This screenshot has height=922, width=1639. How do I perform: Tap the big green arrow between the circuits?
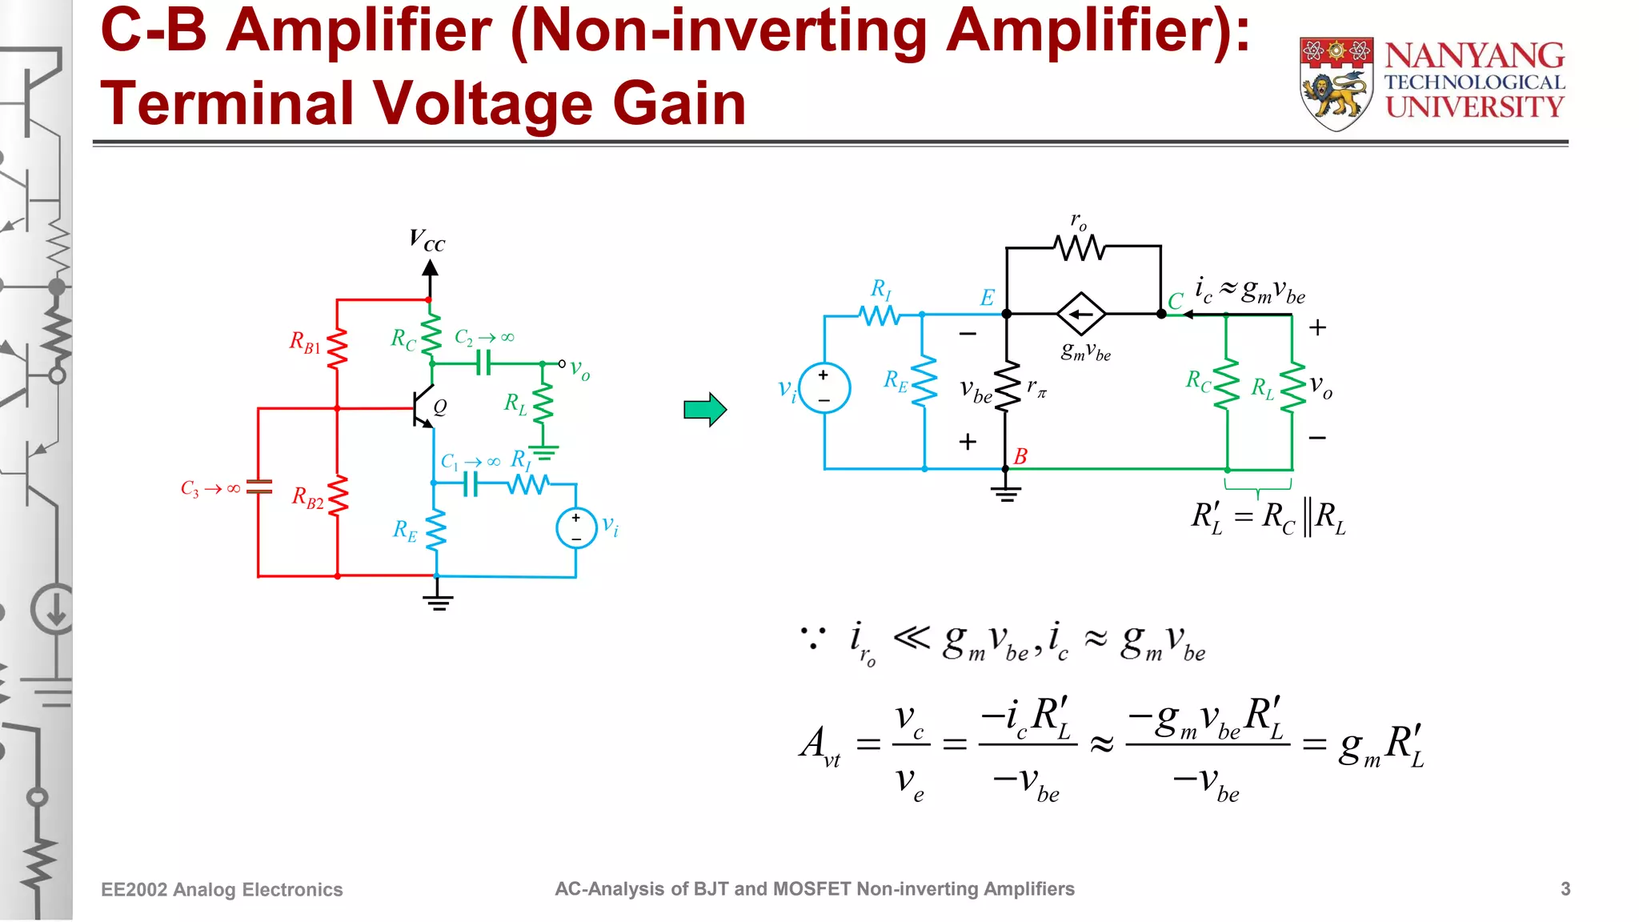click(x=704, y=410)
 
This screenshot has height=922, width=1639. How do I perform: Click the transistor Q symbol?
click(x=423, y=408)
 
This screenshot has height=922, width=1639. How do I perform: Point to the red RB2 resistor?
click(x=337, y=496)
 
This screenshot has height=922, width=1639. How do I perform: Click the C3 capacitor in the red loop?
click(x=258, y=487)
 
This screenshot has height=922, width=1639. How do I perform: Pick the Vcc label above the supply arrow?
click(x=427, y=240)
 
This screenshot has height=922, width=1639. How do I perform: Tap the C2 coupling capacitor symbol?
click(x=483, y=363)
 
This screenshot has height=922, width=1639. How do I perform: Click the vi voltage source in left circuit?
click(x=576, y=528)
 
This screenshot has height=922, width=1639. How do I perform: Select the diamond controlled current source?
click(x=1081, y=315)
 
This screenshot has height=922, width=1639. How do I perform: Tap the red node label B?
click(x=1020, y=456)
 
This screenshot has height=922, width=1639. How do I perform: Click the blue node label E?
click(x=988, y=299)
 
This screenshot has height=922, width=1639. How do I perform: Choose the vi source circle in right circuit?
click(x=824, y=388)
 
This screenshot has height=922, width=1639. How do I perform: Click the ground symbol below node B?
click(x=1006, y=492)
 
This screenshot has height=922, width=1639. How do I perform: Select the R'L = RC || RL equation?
click(x=1268, y=518)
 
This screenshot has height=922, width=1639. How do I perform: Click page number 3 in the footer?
click(x=1565, y=889)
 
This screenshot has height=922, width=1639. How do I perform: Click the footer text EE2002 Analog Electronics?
click(x=222, y=890)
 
